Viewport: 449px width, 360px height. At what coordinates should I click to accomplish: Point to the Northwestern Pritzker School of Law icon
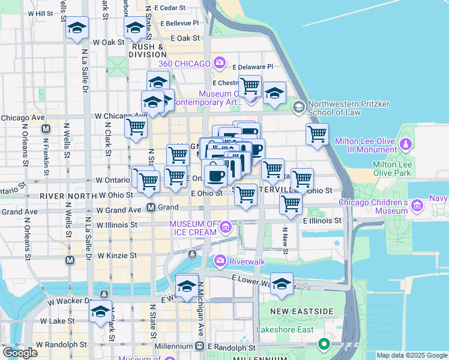(x=298, y=107)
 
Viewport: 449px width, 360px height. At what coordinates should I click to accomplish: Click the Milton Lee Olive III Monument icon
(x=406, y=145)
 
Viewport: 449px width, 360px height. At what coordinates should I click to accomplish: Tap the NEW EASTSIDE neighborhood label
(x=301, y=311)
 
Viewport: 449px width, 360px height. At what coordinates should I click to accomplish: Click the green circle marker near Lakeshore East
(x=324, y=344)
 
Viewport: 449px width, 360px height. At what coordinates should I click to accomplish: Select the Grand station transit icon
(x=152, y=208)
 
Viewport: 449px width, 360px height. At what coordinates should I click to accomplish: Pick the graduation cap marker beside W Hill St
(x=77, y=28)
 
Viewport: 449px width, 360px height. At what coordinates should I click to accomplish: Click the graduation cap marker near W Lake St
(x=100, y=311)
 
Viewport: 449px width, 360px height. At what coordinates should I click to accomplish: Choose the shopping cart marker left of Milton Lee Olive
(x=317, y=133)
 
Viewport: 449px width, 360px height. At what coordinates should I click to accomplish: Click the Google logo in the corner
(x=20, y=353)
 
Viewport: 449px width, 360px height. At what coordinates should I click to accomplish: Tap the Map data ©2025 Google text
(x=411, y=355)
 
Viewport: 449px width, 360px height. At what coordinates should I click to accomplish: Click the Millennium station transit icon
(x=200, y=346)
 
